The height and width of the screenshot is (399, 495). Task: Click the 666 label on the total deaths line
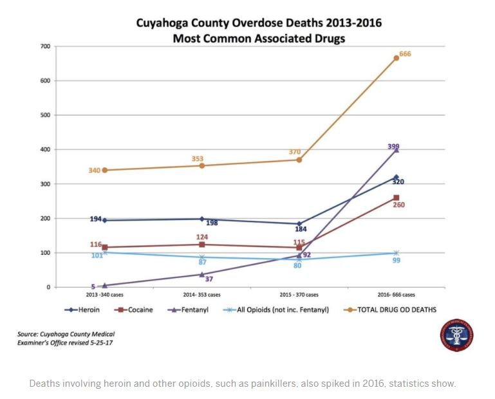pos(405,54)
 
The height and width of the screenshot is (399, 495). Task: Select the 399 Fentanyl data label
pos(393,147)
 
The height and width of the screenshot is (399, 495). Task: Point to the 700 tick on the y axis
pos(44,46)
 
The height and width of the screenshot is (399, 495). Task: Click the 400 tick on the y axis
pos(44,149)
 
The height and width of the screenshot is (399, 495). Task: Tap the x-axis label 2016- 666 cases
pos(396,295)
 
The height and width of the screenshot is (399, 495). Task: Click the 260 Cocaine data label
pos(398,205)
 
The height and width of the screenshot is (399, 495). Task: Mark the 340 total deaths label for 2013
pos(95,171)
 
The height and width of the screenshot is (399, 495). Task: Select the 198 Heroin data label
pos(212,223)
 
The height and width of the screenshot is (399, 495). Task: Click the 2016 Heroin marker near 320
pos(396,177)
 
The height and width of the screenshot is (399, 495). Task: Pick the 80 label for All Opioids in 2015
pos(298,265)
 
